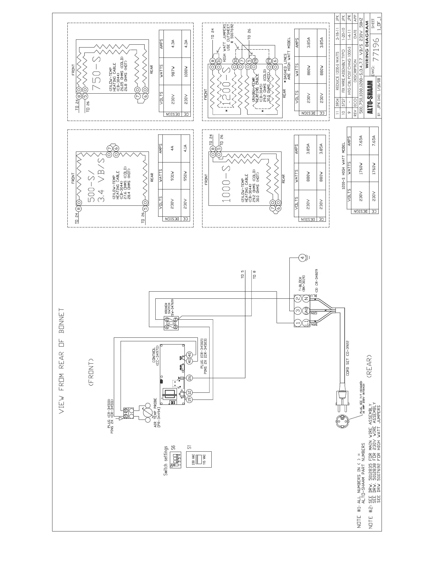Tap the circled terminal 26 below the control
[189, 377]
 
